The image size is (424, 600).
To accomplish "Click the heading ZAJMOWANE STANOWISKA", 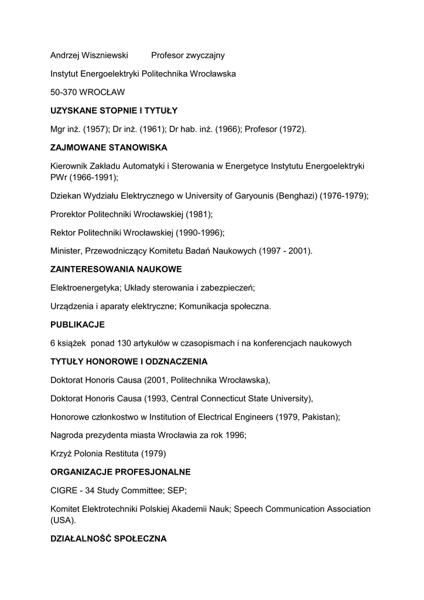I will click(x=109, y=147).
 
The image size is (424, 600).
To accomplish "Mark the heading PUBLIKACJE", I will click(x=77, y=325).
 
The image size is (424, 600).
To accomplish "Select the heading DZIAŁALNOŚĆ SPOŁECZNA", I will click(x=108, y=538).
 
